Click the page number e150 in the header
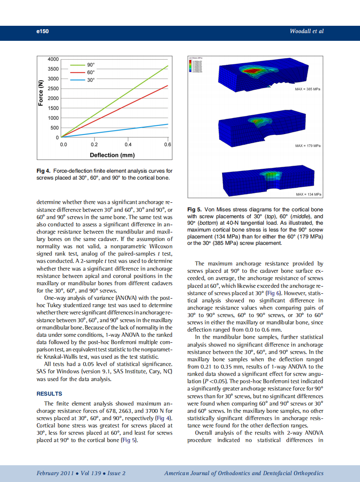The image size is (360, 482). coord(43,31)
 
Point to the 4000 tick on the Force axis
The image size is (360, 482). coord(53,59)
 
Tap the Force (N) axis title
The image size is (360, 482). coord(41,93)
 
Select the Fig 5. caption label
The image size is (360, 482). coord(195,210)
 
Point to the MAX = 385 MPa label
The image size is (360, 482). coord(308,89)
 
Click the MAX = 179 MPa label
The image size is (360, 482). coord(308,146)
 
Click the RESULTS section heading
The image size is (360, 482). coord(49,394)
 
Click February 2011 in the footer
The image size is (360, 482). coord(54,473)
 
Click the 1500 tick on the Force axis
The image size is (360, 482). coord(53,108)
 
